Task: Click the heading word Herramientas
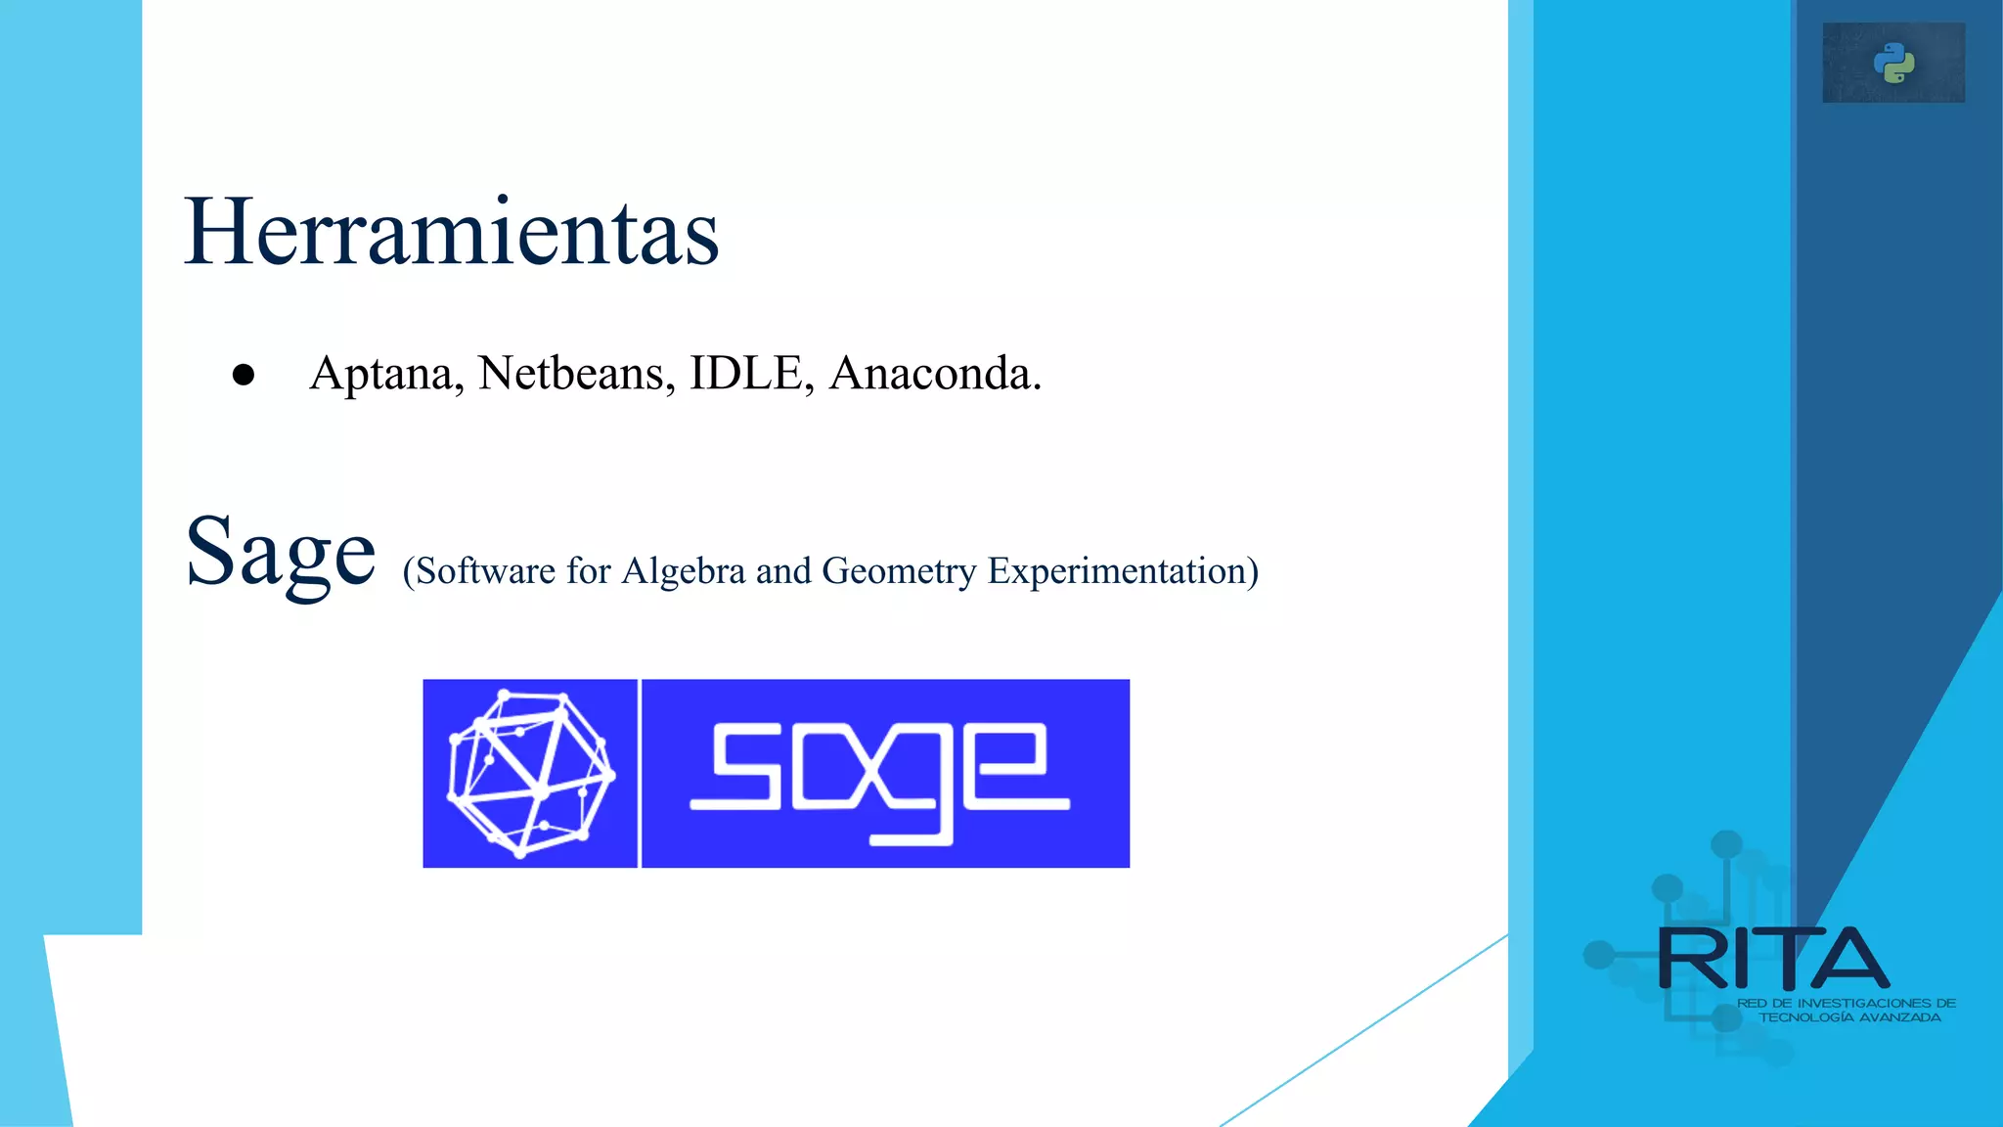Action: pyautogui.click(x=452, y=232)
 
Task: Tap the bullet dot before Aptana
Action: pyautogui.click(x=244, y=375)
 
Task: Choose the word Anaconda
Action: pyautogui.click(x=935, y=373)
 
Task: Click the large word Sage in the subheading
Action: pyautogui.click(x=281, y=554)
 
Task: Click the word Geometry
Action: pyautogui.click(x=899, y=570)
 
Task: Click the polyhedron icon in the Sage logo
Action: pyautogui.click(x=530, y=773)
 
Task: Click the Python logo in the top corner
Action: pyautogui.click(x=1893, y=63)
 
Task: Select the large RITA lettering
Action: pyautogui.click(x=1773, y=959)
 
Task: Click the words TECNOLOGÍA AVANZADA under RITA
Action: pyautogui.click(x=1849, y=1017)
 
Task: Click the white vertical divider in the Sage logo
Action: pyautogui.click(x=640, y=773)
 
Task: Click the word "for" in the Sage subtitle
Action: pyautogui.click(x=588, y=570)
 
